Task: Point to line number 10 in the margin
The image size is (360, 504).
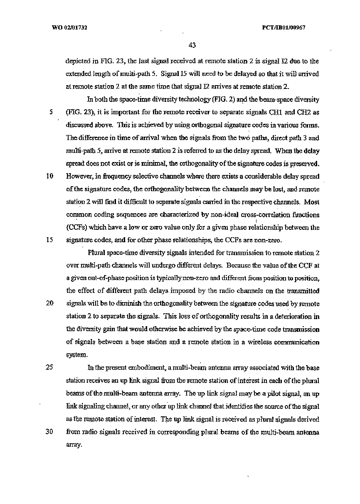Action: (x=49, y=176)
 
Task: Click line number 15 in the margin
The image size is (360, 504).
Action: (x=49, y=240)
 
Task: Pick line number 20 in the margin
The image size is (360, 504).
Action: (x=49, y=303)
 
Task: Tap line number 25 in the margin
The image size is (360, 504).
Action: (x=49, y=367)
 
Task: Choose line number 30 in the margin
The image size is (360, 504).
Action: (x=49, y=431)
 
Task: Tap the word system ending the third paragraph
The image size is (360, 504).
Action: (x=76, y=355)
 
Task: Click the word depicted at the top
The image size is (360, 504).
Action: (x=77, y=61)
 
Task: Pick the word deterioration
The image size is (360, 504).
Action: (x=293, y=317)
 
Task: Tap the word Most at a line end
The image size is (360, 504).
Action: (x=312, y=202)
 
